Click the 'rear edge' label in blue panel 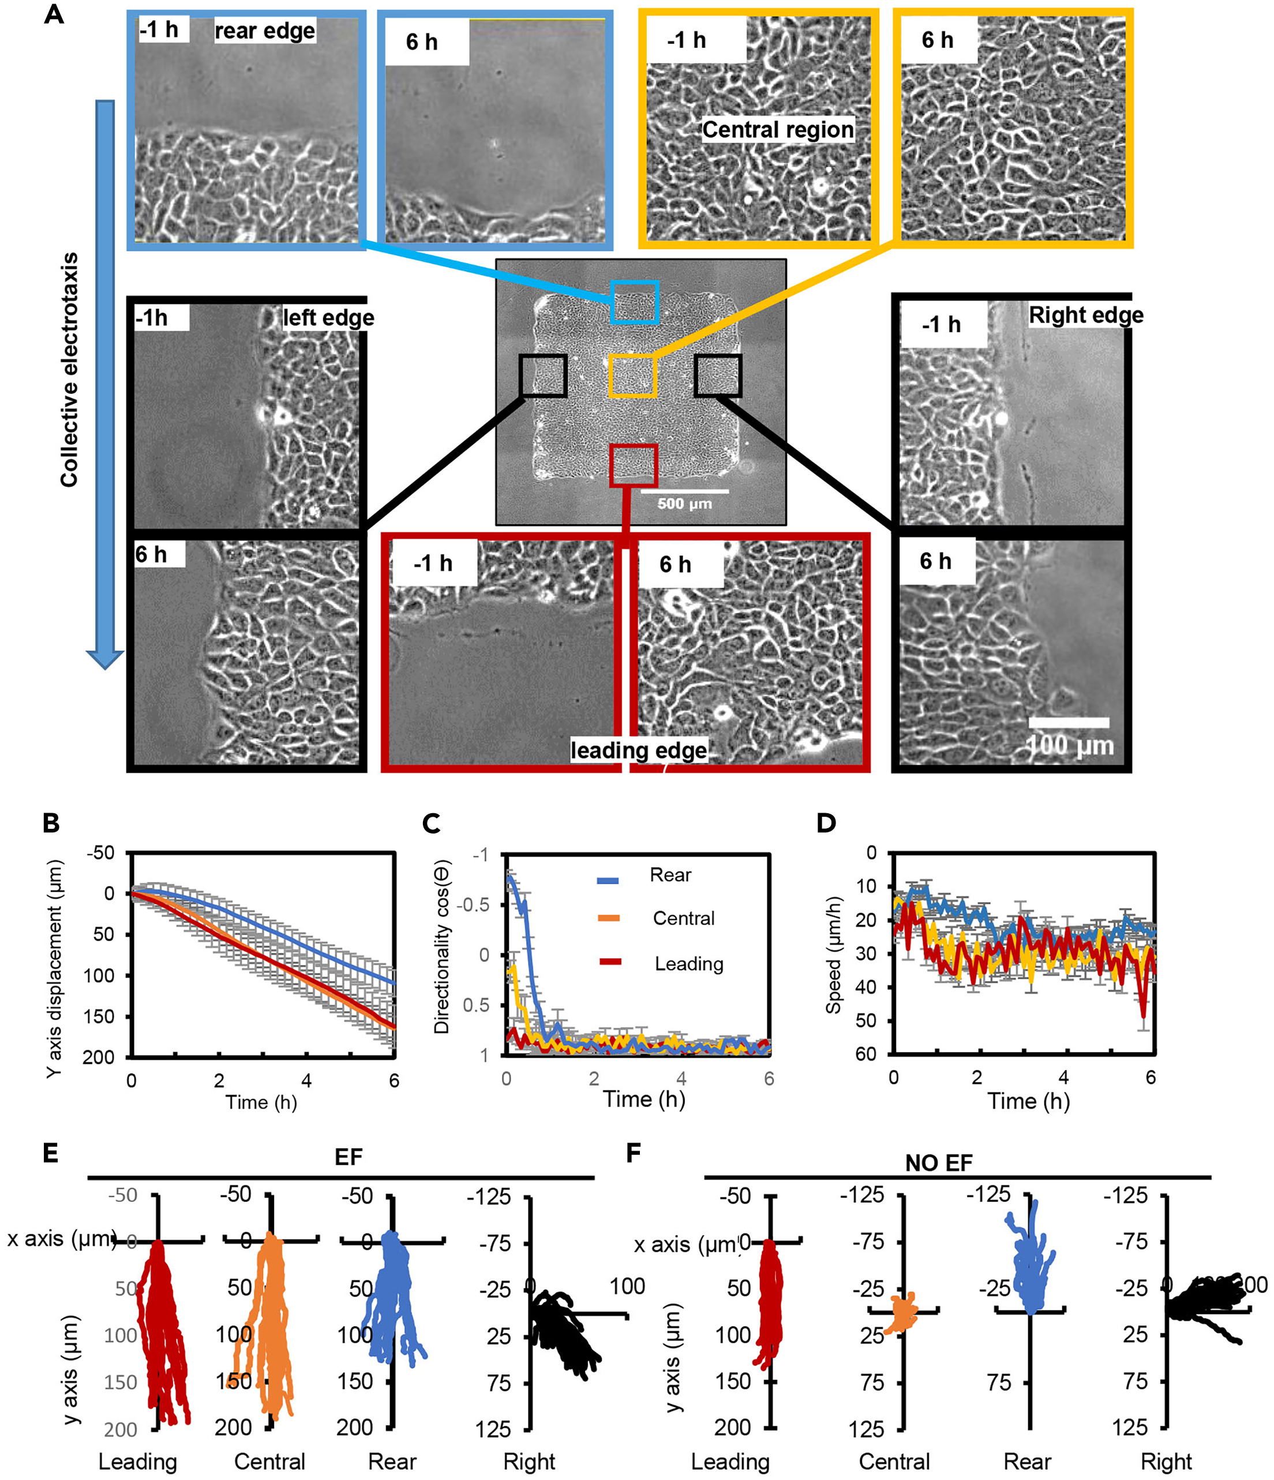264,31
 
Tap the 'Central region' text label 777,129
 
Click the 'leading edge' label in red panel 638,750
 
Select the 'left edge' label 328,317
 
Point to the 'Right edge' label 1085,315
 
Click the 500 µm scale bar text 684,504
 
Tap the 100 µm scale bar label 1069,746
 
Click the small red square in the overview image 632,465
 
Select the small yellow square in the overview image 632,375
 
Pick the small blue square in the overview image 634,302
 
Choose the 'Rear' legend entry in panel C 669,875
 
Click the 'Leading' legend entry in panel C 688,964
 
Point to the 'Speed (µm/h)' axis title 833,955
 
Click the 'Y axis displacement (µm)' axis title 54,968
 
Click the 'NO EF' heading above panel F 938,1163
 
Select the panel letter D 826,823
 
